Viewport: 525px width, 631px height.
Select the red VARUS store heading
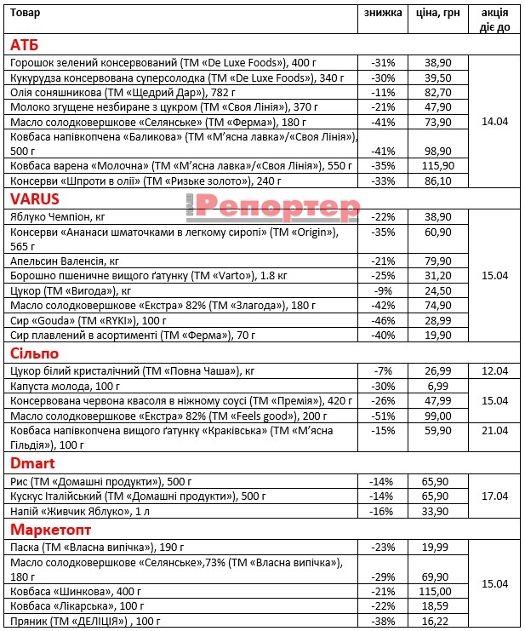[35, 199]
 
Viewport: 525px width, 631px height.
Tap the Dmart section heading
[32, 462]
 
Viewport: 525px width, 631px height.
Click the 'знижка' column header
[383, 14]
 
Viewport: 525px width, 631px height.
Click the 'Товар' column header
[25, 14]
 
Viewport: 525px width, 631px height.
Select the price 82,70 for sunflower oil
[437, 92]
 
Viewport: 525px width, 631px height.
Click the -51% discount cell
[384, 416]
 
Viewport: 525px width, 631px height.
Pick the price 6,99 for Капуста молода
[437, 386]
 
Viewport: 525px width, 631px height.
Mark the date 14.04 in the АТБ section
[494, 122]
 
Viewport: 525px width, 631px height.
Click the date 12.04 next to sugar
[494, 371]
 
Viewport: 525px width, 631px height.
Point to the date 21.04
[494, 431]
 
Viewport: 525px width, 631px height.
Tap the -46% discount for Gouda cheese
[384, 321]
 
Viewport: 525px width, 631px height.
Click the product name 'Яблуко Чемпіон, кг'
[57, 217]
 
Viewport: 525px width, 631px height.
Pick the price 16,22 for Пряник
[437, 621]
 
